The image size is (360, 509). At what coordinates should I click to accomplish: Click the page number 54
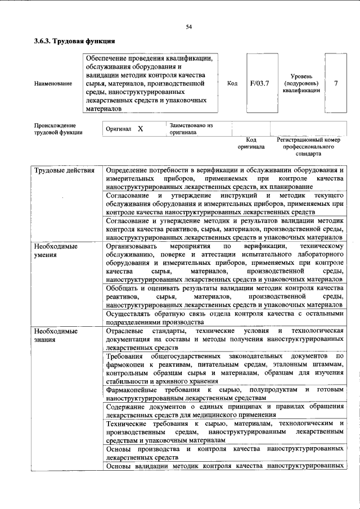pyautogui.click(x=189, y=26)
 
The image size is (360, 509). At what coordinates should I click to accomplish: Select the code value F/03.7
pyautogui.click(x=259, y=83)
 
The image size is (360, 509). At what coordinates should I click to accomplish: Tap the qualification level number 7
pyautogui.click(x=336, y=83)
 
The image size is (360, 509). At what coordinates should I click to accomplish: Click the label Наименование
pyautogui.click(x=53, y=84)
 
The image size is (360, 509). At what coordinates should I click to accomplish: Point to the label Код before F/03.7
pyautogui.click(x=232, y=83)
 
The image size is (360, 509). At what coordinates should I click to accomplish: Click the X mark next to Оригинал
pyautogui.click(x=141, y=129)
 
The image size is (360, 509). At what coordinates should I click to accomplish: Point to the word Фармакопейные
pyautogui.click(x=133, y=390)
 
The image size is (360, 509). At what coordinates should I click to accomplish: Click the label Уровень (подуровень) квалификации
pyautogui.click(x=301, y=83)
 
